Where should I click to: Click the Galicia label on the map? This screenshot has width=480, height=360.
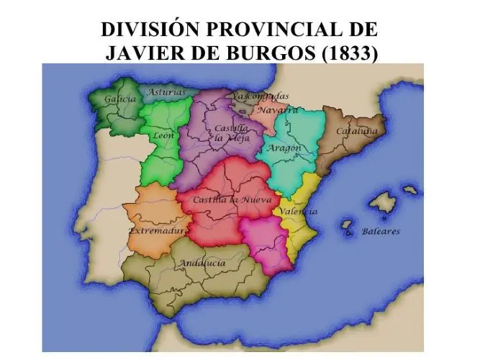(120, 99)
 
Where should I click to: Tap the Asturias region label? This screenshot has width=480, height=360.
(166, 92)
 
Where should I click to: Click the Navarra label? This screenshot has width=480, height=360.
(277, 111)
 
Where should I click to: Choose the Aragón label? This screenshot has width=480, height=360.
(284, 148)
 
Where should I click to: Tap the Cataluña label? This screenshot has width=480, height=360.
(357, 132)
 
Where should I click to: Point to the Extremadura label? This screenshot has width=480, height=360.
(158, 231)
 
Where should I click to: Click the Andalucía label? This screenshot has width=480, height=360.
(202, 263)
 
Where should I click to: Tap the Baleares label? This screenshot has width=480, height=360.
(381, 232)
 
